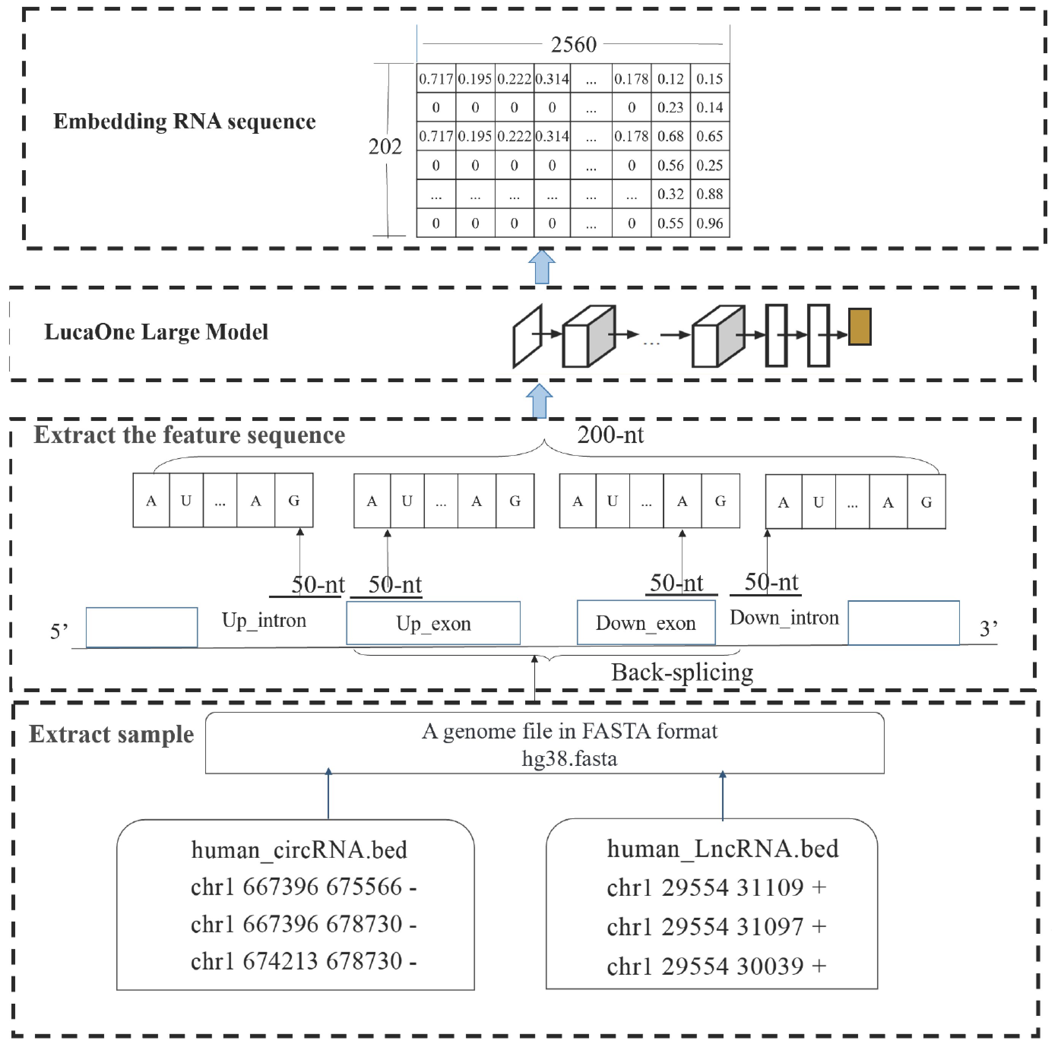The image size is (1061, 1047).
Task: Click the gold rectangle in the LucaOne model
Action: (x=860, y=327)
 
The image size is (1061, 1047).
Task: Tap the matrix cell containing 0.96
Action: (x=709, y=223)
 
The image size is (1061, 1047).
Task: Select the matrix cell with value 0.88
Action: (x=709, y=194)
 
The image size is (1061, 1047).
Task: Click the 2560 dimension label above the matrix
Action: (x=573, y=44)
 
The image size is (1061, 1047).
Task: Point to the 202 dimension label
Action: (x=385, y=147)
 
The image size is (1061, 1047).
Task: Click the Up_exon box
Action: (x=433, y=623)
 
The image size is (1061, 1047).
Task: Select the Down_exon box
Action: (x=646, y=623)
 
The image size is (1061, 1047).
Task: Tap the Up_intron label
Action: (x=264, y=620)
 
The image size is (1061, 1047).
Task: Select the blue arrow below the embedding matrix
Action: (x=542, y=267)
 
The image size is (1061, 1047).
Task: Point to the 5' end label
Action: (x=59, y=631)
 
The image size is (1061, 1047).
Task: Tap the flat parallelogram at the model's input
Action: (x=527, y=336)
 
